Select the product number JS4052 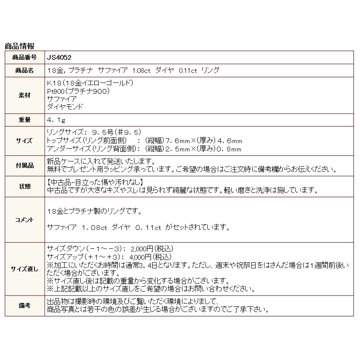(59, 57)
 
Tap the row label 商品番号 (24, 57)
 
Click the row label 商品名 (24, 70)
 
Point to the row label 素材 (24, 95)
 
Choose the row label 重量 (24, 119)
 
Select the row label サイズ (24, 141)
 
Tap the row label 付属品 (24, 165)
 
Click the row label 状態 (24, 186)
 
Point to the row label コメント (24, 220)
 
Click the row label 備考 (24, 305)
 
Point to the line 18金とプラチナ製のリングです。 (94, 212)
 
